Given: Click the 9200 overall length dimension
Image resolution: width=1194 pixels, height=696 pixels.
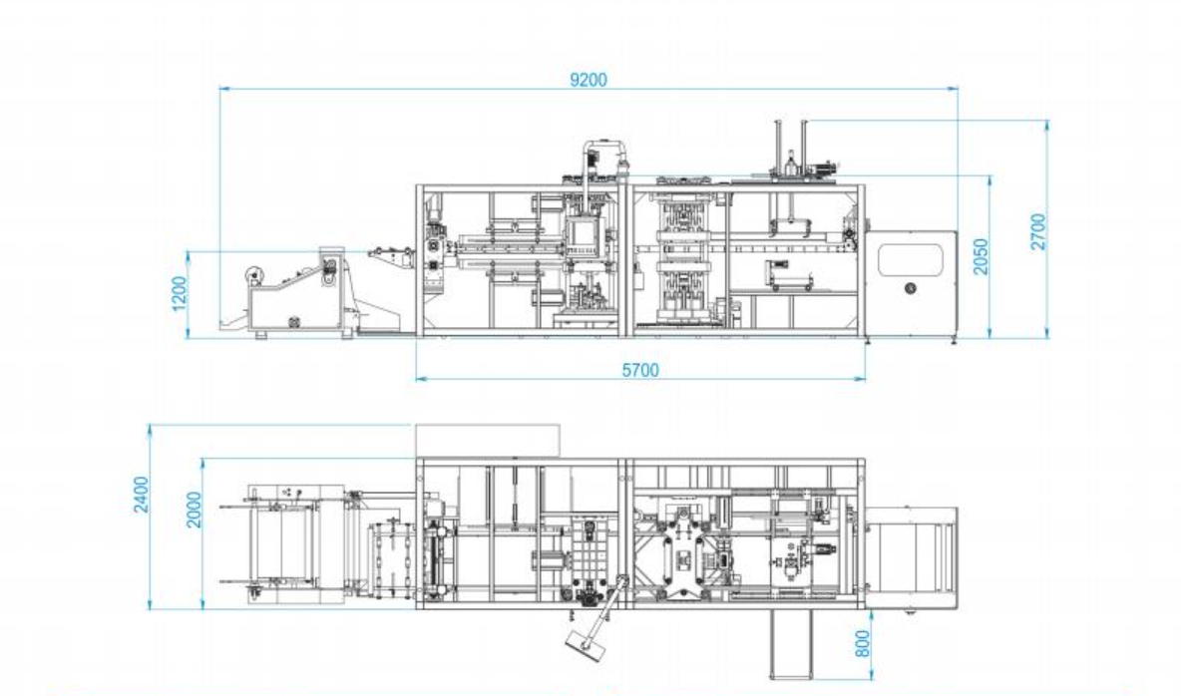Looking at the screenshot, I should pos(589,80).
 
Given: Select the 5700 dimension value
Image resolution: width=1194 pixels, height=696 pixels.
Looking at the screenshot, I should pos(640,370).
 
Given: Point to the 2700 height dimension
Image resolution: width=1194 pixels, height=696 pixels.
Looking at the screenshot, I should pos(1038,230).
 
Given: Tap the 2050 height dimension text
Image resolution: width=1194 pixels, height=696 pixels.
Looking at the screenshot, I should pos(982,257).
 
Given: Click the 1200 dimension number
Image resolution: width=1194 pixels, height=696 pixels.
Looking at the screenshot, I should pos(180,293).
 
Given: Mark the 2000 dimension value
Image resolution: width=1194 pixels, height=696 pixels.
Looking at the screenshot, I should pos(195,509).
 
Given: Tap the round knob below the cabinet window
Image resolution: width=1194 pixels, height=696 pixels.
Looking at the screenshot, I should pos(909,289).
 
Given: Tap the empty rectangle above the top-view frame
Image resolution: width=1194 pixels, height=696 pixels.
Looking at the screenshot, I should pos(488,440).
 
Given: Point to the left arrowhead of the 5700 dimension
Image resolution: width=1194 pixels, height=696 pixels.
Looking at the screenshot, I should pos(418,379).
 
